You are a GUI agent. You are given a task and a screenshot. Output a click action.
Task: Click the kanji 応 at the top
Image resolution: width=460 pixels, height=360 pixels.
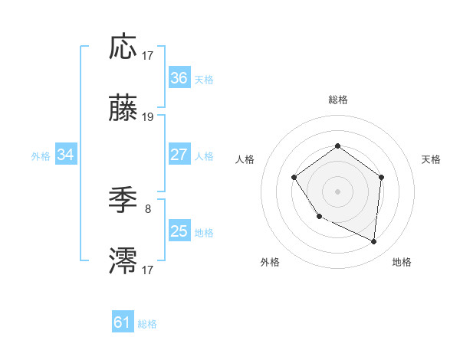pos(123,47)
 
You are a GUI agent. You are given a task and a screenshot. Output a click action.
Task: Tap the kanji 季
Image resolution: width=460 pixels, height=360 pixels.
pos(123,201)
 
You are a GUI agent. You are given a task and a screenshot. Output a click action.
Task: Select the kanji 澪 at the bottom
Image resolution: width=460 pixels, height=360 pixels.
pos(123,261)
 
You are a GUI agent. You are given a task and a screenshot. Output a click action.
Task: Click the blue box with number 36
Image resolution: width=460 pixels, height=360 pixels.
pos(179,78)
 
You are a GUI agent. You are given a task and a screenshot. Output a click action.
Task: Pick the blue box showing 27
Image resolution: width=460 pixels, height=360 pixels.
pos(179,155)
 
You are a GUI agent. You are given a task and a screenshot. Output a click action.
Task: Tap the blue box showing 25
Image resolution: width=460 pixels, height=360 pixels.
pos(179,231)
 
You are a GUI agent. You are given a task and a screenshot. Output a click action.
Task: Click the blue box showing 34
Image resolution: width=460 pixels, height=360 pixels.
pos(65,155)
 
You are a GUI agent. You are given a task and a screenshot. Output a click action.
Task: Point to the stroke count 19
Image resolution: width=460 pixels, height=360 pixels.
pos(148,117)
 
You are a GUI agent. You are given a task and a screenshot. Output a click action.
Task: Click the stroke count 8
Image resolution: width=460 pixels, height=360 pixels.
pos(148,208)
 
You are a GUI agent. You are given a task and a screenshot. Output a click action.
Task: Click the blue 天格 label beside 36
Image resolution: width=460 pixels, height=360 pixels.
pos(204,79)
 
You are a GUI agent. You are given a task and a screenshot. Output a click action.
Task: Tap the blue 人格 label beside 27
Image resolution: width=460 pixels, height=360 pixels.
pos(204,155)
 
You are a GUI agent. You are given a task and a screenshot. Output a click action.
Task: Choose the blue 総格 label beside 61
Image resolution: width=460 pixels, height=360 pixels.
pos(147,323)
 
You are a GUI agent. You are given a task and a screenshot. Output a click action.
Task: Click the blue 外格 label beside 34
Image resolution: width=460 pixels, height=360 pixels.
pos(41,155)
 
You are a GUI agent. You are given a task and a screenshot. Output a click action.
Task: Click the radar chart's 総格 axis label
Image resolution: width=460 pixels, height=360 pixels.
pos(337,100)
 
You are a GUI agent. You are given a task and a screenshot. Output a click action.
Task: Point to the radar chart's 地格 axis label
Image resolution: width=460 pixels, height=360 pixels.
pos(402,262)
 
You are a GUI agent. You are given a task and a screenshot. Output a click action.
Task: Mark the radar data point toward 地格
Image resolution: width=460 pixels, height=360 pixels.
pos(374,242)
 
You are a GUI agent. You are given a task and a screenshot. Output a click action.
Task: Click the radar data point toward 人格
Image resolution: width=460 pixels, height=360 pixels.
pos(294,178)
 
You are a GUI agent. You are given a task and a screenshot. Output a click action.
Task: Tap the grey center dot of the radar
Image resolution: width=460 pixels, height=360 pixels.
pos(337,191)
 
